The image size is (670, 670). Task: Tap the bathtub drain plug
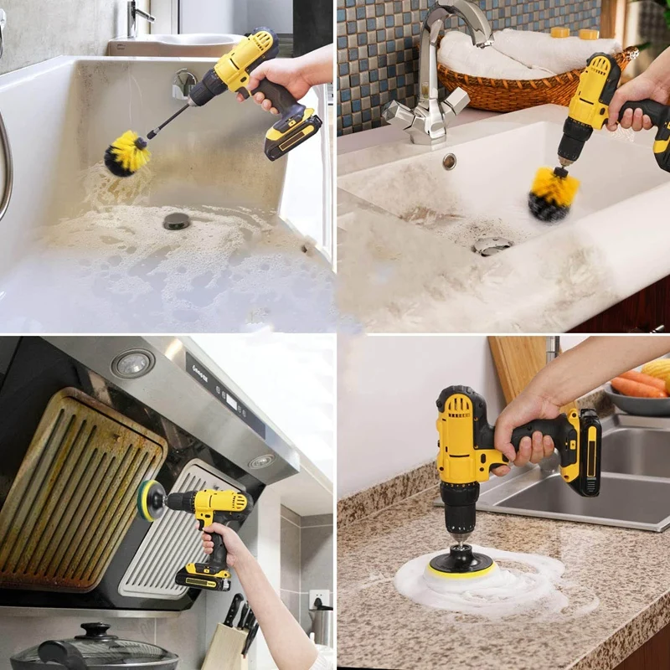176,220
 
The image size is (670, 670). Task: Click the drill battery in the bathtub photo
293,134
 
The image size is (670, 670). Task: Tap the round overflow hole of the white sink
450,161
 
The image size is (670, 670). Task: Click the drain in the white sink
492,245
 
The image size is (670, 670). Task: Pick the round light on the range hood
132,363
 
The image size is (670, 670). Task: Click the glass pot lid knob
94,629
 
